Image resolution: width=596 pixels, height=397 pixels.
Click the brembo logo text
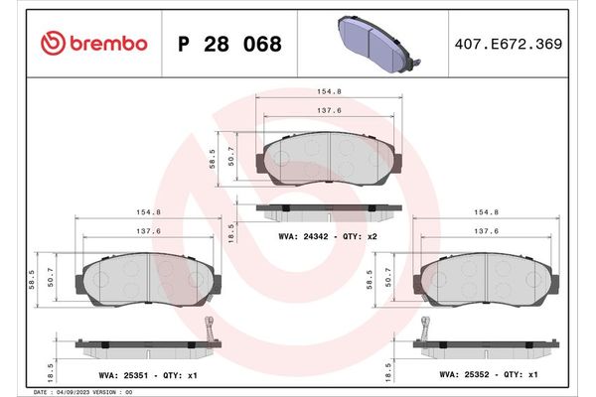(x=93, y=44)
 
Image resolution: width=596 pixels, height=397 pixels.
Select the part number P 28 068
(x=228, y=45)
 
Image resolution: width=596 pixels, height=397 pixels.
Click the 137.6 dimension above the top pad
(x=329, y=111)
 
